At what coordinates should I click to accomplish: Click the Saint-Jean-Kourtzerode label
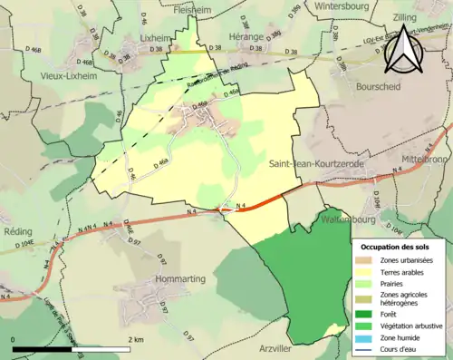(316, 163)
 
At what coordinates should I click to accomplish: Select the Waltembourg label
(323, 219)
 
